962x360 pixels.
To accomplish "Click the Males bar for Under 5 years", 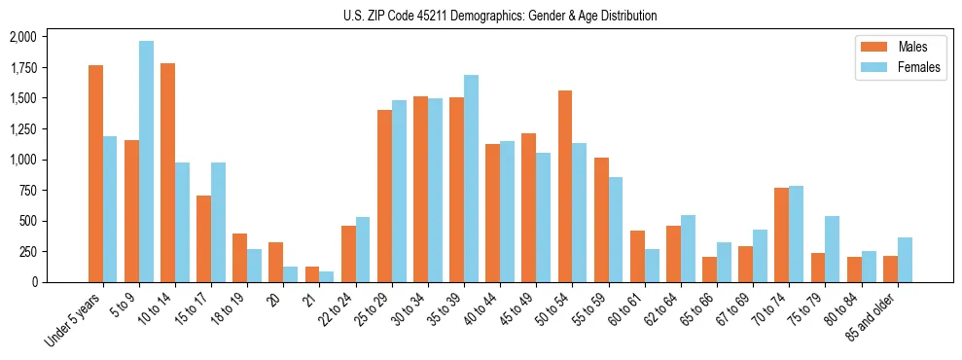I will point(95,173).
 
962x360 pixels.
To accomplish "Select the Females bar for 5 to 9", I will point(146,162).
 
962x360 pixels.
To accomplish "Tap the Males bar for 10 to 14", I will point(167,172).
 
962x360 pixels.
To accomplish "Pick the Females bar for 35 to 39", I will point(471,178).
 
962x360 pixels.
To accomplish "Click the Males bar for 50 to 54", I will point(565,186).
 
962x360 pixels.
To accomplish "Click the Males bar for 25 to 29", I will point(384,196).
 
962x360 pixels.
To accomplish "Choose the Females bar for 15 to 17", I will point(218,222).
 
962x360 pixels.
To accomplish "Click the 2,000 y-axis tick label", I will point(22,37).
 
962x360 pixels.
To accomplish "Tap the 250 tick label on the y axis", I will point(28,252).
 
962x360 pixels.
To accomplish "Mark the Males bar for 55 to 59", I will point(601,220).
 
